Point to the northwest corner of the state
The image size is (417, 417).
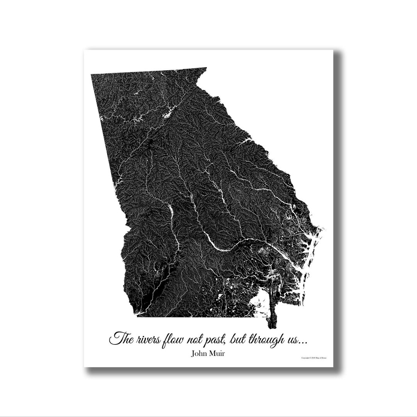tap(92, 75)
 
